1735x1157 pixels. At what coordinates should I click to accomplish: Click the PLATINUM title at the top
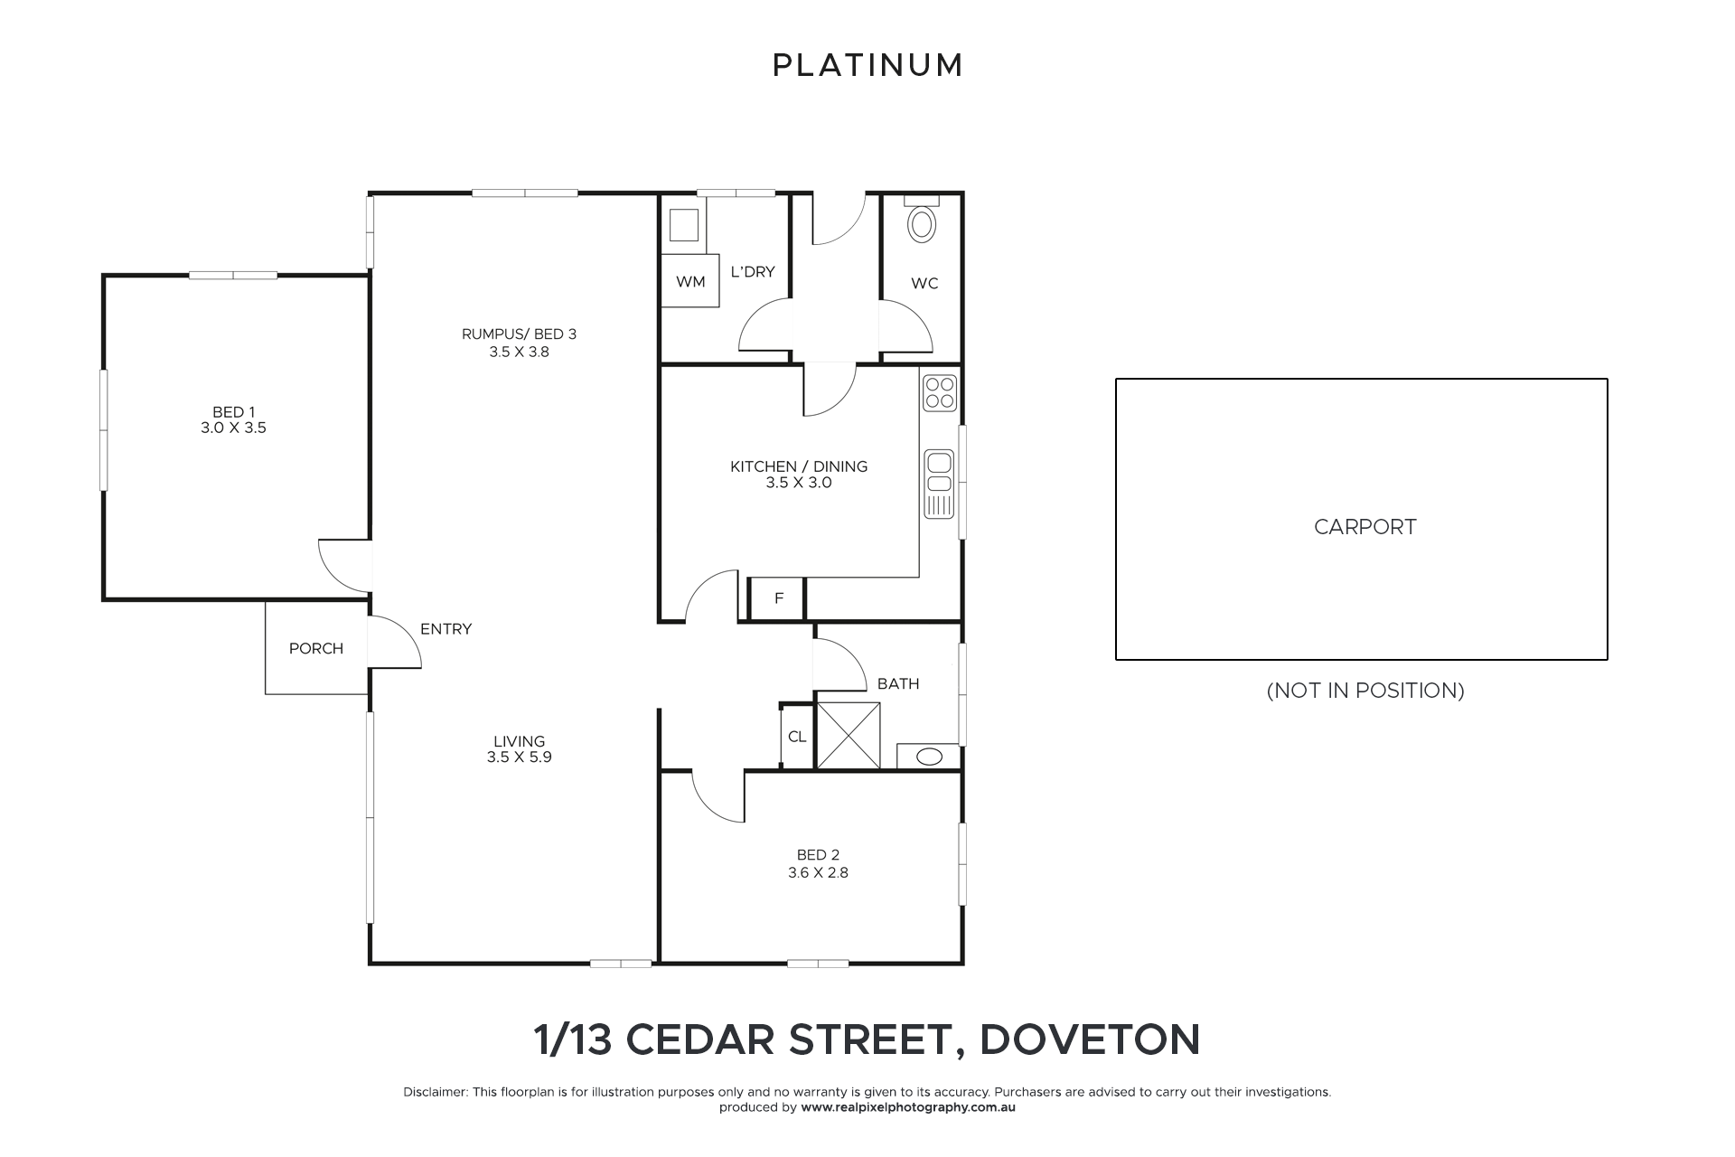click(867, 65)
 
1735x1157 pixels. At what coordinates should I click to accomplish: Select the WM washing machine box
click(690, 281)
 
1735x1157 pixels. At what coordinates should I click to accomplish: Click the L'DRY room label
click(753, 271)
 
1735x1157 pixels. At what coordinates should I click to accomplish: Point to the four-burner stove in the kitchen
click(940, 393)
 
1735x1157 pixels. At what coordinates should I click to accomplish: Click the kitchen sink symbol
click(940, 484)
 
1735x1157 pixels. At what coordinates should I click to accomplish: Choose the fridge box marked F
click(778, 598)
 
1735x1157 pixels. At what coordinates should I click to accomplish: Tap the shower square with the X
click(849, 736)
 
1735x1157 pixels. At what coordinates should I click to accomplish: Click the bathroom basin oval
click(929, 757)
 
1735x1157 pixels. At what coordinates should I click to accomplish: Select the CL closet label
click(797, 737)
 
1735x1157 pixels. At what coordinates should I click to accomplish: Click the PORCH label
click(316, 648)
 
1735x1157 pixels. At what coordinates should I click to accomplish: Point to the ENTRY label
click(445, 629)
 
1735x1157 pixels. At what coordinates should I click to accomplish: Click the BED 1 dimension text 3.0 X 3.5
click(233, 428)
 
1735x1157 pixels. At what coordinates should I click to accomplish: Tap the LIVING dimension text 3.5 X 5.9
click(519, 757)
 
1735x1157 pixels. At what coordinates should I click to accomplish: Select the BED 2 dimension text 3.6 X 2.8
click(818, 872)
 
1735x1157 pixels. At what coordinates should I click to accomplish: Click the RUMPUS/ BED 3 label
click(519, 334)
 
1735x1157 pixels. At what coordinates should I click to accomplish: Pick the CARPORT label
click(1365, 527)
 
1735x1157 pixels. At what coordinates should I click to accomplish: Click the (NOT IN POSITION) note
click(1365, 691)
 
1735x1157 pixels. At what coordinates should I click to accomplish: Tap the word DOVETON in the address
click(1090, 1039)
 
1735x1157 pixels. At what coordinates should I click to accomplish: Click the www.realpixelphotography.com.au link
click(908, 1107)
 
